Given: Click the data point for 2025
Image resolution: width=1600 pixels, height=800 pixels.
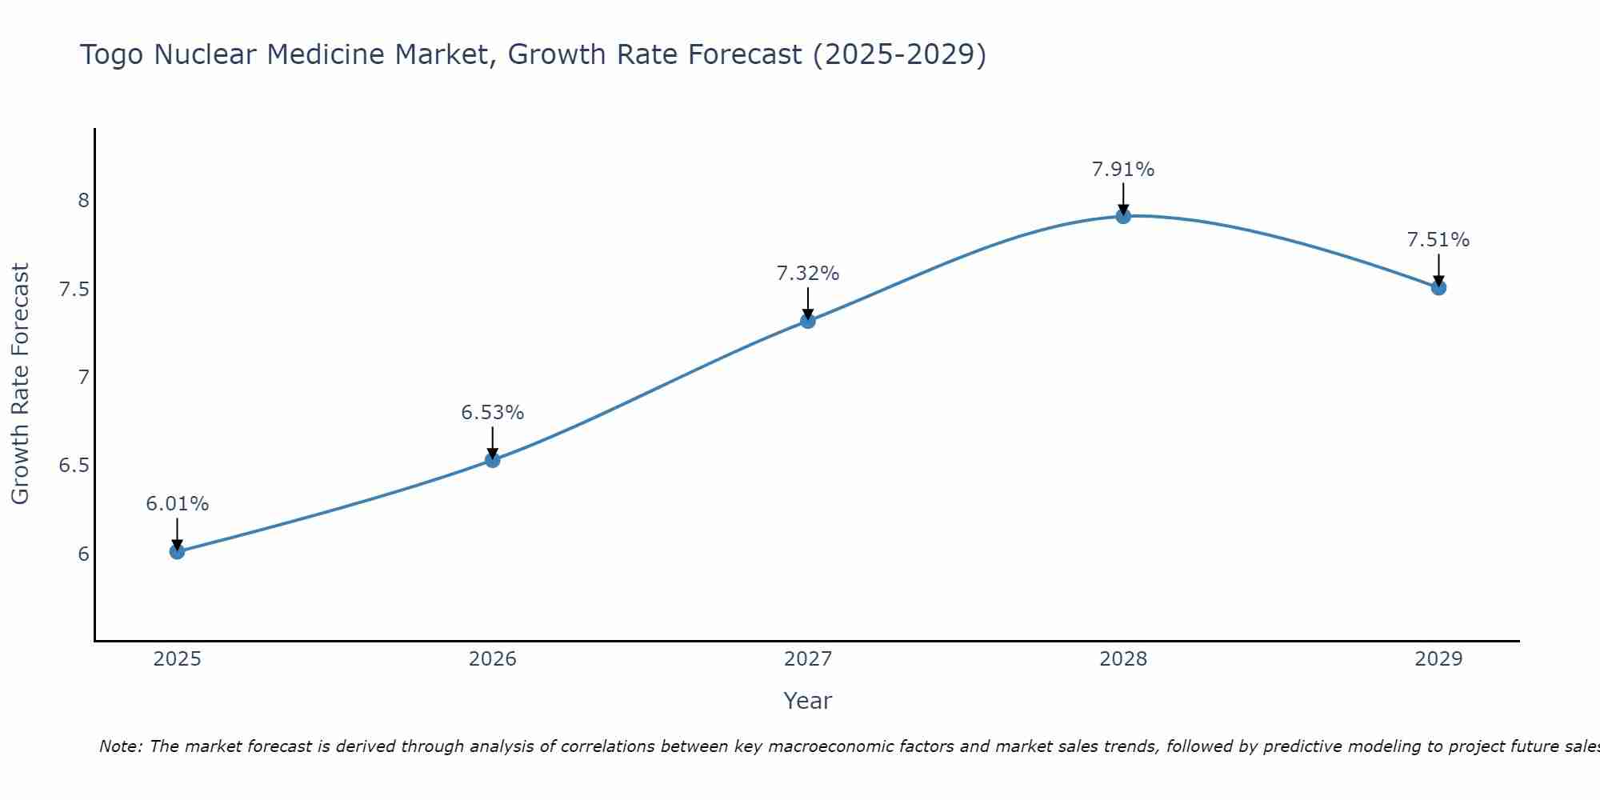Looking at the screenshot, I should pos(177,551).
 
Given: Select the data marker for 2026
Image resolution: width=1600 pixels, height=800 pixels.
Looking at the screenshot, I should pos(492,459).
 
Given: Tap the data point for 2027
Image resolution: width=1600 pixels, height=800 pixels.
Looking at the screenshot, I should pos(807,321).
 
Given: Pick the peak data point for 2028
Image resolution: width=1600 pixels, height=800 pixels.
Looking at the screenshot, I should pos(1122,216).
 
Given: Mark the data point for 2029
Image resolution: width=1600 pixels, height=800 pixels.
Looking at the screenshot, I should pos(1438,287).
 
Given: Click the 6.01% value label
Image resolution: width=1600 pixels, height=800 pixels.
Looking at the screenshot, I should pos(177,504).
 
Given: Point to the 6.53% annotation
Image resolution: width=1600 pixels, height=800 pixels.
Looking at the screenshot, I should pos(492,413).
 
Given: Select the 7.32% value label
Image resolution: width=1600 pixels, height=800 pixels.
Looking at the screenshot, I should pos(807,274).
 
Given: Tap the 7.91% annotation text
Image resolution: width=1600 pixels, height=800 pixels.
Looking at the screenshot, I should pos(1122,170).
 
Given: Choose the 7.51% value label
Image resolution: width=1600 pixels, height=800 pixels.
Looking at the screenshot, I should pos(1438,240).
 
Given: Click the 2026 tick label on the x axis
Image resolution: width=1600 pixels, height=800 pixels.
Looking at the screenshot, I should pos(492,659).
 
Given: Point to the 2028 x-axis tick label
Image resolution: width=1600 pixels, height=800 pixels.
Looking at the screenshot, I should pos(1122,659).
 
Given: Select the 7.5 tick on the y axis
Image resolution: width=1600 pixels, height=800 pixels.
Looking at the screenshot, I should pos(74,289).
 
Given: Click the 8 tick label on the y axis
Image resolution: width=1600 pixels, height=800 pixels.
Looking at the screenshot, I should pos(83,200).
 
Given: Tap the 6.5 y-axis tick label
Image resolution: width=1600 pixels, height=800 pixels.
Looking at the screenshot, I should pos(74,466).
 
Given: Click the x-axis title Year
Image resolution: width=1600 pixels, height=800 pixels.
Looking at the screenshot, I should pos(807,701).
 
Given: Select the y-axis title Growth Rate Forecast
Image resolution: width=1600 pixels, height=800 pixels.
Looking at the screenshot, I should pos(20,383).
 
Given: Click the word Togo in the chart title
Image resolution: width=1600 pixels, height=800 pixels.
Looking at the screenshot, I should pos(113,54).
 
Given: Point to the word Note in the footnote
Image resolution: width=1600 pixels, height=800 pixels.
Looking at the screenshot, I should pos(120,746).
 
